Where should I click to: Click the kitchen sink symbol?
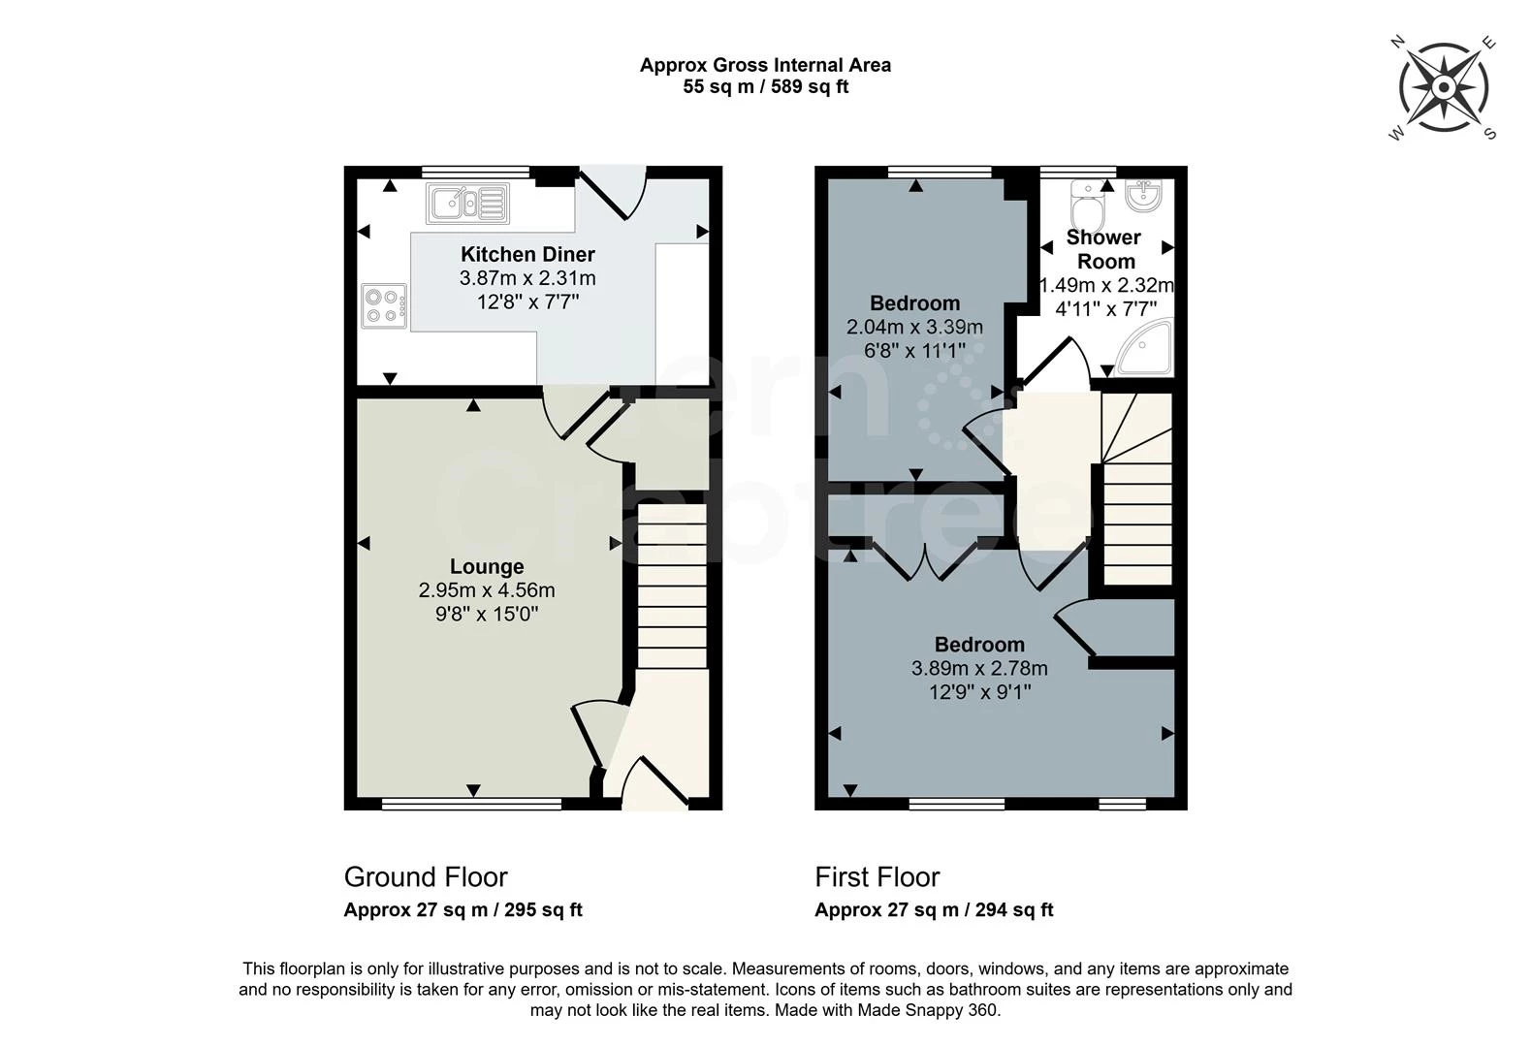[x=466, y=204]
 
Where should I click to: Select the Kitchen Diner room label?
[x=527, y=254]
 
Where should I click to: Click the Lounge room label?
[x=487, y=566]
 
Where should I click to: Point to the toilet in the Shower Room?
[x=1083, y=206]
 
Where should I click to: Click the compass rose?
[x=1444, y=88]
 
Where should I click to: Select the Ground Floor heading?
[x=426, y=877]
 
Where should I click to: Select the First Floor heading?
[x=877, y=877]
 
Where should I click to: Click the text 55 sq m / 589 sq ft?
[x=766, y=87]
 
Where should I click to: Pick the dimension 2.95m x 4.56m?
[x=487, y=590]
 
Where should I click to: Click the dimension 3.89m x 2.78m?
[x=979, y=669]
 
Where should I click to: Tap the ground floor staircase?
[x=672, y=587]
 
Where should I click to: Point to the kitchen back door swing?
[x=615, y=194]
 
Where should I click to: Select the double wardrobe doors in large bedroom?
[x=925, y=563]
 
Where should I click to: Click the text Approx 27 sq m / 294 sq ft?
[x=934, y=910]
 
